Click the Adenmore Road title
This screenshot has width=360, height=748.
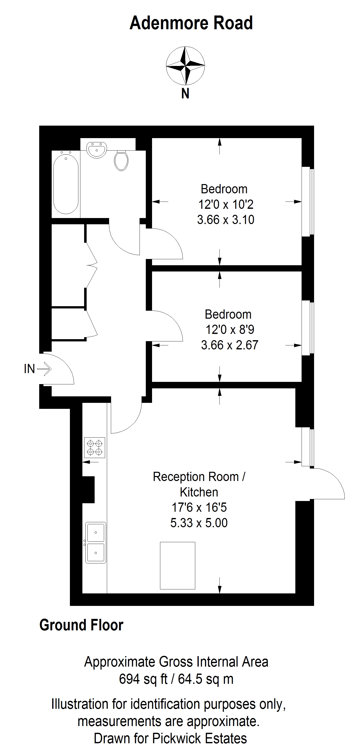click(191, 23)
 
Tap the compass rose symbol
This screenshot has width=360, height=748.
click(185, 65)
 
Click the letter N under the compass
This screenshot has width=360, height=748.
click(185, 93)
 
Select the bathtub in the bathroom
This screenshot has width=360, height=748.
click(66, 184)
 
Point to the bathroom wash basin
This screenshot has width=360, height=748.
click(97, 150)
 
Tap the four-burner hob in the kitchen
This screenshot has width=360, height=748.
click(95, 448)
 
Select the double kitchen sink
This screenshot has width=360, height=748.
click(96, 542)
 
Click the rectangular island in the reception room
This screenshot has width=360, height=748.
click(178, 565)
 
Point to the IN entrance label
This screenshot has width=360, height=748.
click(29, 369)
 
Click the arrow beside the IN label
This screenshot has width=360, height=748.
click(44, 369)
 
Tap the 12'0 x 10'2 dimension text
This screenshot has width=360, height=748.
click(226, 205)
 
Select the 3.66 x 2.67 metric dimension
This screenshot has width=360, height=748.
click(230, 345)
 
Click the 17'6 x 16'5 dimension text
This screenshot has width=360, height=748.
click(199, 507)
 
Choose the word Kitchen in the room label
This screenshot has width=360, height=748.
click(199, 492)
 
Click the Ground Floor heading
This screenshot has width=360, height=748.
click(81, 625)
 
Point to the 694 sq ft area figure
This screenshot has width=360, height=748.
click(143, 679)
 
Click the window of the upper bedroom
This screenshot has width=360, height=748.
click(308, 202)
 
